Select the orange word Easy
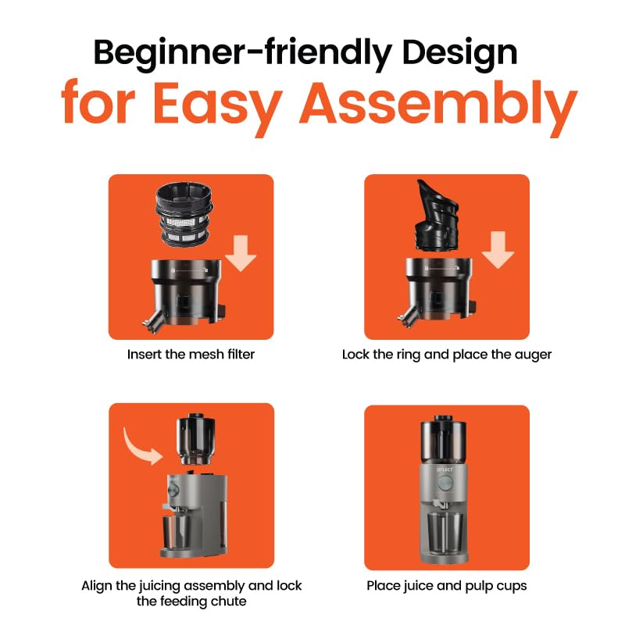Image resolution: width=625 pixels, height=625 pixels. click(218, 105)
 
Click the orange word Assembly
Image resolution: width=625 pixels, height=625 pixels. click(438, 105)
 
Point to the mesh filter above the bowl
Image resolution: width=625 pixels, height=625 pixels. click(184, 214)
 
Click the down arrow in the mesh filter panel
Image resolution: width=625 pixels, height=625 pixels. click(241, 253)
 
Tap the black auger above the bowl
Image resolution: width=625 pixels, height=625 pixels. click(437, 216)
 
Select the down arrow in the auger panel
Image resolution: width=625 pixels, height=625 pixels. click(498, 250)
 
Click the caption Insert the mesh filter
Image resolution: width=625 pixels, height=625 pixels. click(191, 355)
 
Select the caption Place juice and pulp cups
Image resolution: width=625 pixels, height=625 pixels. click(447, 586)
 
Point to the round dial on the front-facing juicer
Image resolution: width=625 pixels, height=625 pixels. click(444, 484)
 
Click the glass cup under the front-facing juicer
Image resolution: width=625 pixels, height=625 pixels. click(445, 534)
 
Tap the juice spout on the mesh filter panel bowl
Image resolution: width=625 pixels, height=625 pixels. click(152, 321)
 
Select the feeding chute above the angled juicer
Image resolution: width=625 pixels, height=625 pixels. click(196, 439)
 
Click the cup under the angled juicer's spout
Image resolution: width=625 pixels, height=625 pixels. click(177, 533)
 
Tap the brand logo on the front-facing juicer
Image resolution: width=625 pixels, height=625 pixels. click(445, 470)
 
